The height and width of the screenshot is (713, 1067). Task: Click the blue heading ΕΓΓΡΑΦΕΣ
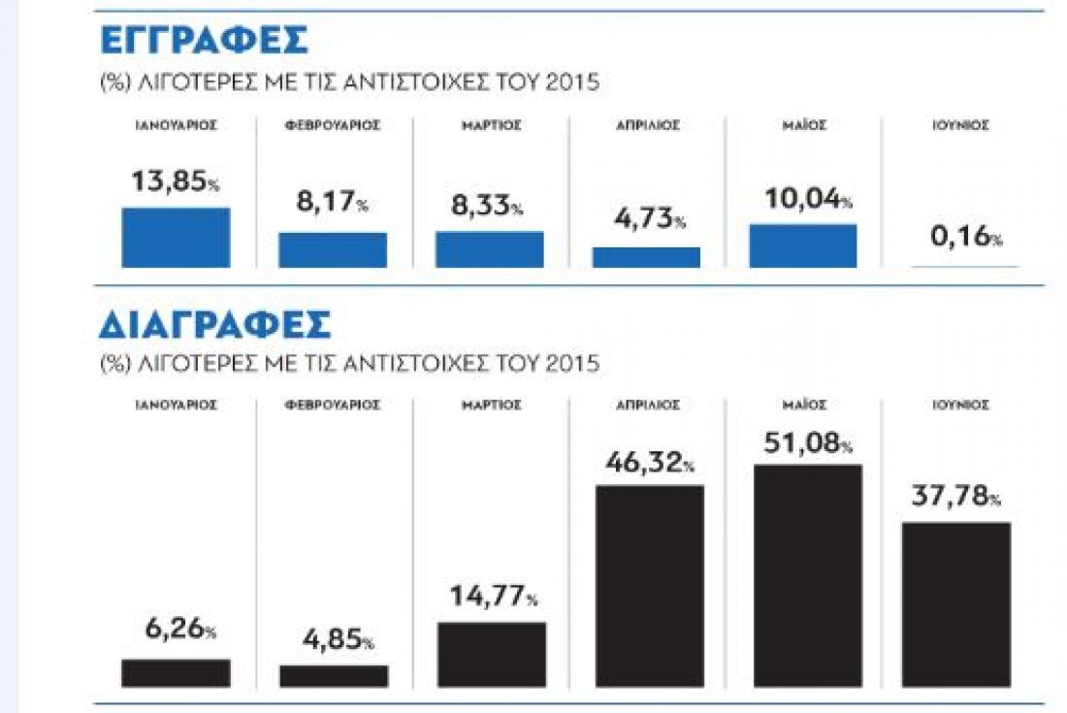204,42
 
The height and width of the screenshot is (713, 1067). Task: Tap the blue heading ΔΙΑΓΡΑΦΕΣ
214,326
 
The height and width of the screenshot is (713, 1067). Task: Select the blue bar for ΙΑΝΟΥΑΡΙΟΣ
176,238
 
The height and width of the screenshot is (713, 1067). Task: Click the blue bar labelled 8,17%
333,250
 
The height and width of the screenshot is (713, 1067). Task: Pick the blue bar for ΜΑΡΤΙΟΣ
489,249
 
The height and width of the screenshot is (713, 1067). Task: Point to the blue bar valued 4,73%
646,257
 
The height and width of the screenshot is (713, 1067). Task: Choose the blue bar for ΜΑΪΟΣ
803,246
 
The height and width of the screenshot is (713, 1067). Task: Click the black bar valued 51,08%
807,576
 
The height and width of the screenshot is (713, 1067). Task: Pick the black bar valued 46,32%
649,586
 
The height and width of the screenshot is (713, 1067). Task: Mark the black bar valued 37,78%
956,604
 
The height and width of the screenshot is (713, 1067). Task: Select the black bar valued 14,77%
492,654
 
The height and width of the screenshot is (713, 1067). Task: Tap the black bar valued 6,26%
176,672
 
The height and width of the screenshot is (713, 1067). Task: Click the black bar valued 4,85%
333,675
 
